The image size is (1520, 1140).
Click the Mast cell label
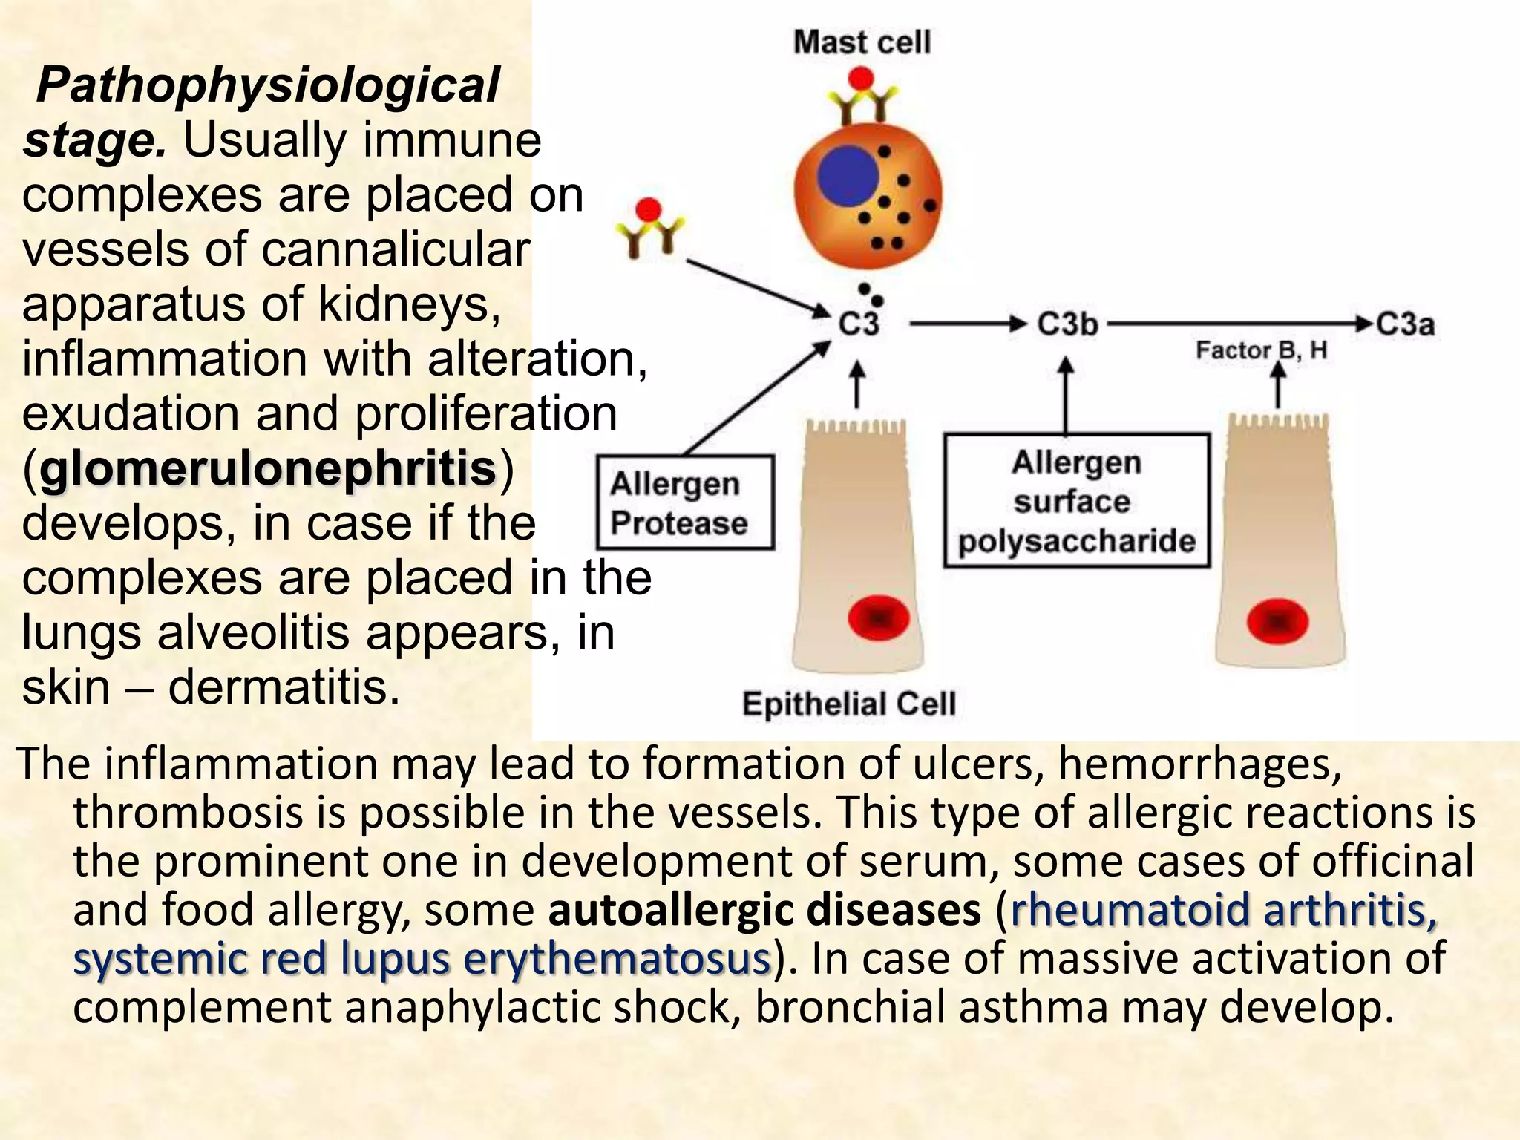pos(861,42)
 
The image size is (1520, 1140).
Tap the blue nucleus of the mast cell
pos(848,177)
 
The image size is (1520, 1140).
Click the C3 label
pos(859,324)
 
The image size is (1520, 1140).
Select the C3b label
pos(1067,324)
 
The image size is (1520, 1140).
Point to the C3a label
pos(1405,324)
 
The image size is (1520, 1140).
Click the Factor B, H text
pos(1261,350)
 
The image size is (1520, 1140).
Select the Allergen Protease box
pos(685,502)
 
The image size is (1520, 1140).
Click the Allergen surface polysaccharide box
pos(1076,501)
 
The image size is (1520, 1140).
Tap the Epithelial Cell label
pos(848,704)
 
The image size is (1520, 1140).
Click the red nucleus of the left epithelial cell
pos(879,617)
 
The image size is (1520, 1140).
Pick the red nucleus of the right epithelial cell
pos(1277,620)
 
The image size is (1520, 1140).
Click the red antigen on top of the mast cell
pos(861,77)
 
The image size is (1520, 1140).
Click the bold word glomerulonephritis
pos(268,468)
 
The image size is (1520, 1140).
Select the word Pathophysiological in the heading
pos(268,85)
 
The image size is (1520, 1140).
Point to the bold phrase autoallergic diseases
pos(764,909)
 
